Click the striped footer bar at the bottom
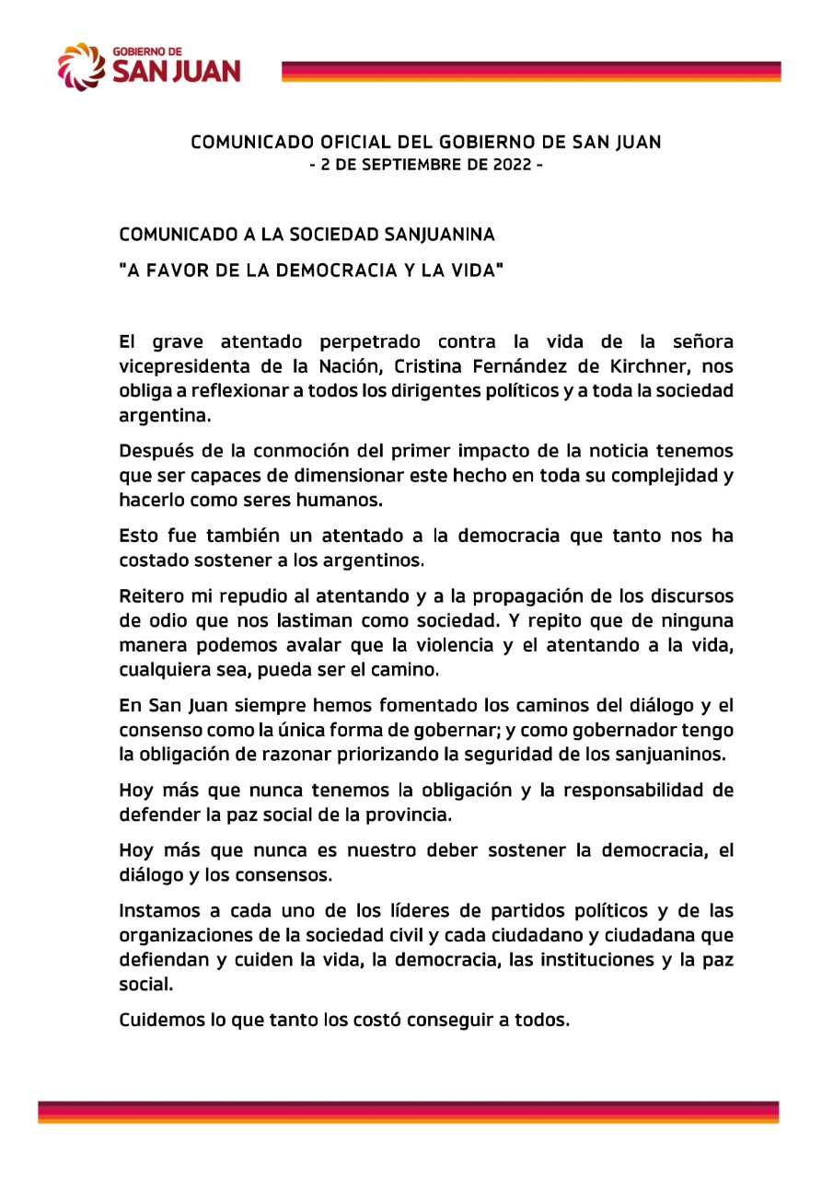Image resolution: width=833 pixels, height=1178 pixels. [409, 1112]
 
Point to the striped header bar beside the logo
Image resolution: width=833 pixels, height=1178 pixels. [530, 72]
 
